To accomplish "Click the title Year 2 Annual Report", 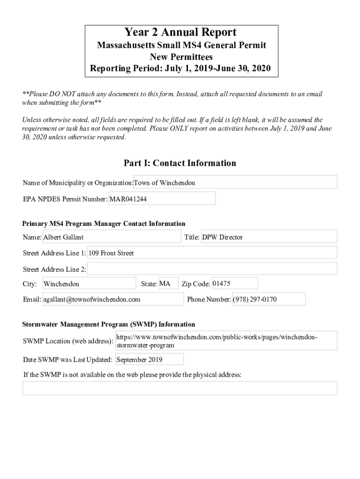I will pos(180,32).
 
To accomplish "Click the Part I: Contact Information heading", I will pos(180,163).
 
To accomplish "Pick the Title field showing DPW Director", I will pos(268,237).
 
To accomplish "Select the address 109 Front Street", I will pos(212,253).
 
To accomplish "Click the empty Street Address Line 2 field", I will pos(212,269).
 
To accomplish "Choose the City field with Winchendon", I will pos(89,284).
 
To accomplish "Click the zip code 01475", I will pos(234,283).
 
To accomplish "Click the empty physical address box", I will pos(180,388).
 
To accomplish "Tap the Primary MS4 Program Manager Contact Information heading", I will pos(104,224).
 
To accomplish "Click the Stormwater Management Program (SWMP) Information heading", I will pos(109,324).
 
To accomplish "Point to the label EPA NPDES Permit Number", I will pos(65,199).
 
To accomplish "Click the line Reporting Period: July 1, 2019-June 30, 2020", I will pos(180,68).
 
